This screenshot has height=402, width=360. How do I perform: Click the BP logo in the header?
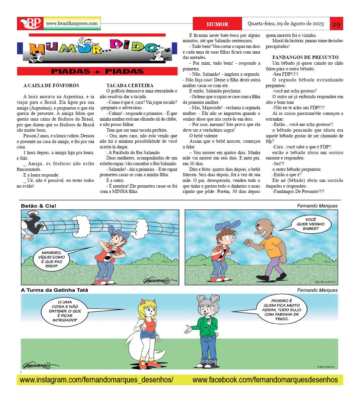point(30,23)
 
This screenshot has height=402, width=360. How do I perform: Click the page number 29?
point(336,24)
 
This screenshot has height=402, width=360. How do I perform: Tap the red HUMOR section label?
point(217,24)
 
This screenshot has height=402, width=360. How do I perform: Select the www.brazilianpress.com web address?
point(72,23)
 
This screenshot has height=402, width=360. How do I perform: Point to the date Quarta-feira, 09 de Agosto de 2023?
point(286,24)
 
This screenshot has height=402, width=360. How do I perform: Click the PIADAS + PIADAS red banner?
point(97,71)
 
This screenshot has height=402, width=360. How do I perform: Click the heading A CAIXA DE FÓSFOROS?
point(51,85)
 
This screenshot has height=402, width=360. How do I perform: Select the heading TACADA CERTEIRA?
point(130,85)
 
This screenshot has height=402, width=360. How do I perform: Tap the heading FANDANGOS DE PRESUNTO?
point(305,57)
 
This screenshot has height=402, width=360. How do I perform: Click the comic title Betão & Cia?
point(36,206)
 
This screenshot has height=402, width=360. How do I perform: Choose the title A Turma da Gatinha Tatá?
point(55,290)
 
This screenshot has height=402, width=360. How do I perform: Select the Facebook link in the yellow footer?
point(265,380)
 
